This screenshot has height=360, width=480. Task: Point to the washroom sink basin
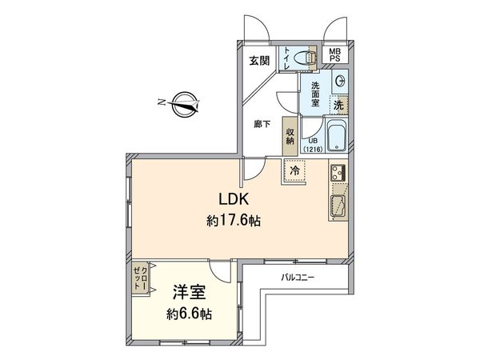(x=340, y=81)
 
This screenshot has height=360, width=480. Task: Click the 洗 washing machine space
(x=339, y=104)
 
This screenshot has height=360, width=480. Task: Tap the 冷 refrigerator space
(x=294, y=171)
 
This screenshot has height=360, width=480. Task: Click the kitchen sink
(x=336, y=206)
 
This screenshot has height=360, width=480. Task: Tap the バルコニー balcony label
(x=297, y=278)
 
